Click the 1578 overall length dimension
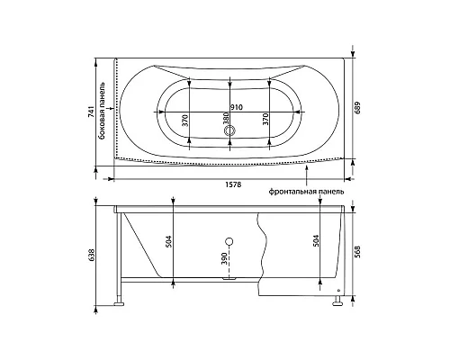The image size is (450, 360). tap(233, 184)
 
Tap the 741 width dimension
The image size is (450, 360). tap(92, 112)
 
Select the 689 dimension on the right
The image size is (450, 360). tap(358, 108)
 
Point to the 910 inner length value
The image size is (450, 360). tap(237, 107)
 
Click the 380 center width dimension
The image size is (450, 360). tap(226, 118)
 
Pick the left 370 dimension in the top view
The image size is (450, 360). tap(185, 121)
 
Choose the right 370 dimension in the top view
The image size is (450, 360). tap(265, 119)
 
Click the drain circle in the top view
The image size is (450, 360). tap(230, 130)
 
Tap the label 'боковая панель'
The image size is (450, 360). tap(103, 111)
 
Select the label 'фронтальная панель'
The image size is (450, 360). tap(306, 192)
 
